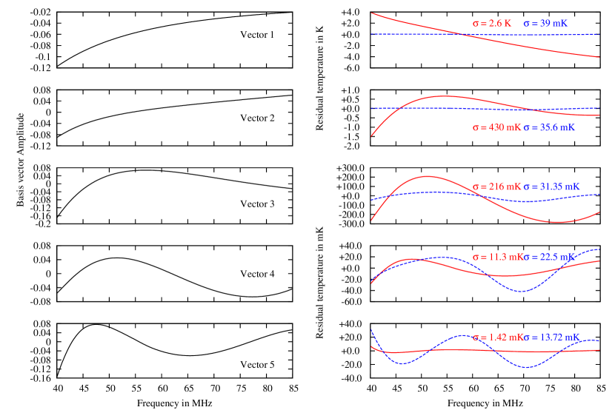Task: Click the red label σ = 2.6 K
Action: [x=492, y=24]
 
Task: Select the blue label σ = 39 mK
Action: [x=545, y=24]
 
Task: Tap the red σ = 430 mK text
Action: [x=497, y=127]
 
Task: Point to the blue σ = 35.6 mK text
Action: [x=549, y=127]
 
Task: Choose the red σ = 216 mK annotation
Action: [x=497, y=186]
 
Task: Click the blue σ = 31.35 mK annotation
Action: [x=551, y=186]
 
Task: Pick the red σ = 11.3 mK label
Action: [x=497, y=257]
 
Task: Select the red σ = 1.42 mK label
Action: [x=497, y=337]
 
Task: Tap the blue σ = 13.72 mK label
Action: [x=551, y=337]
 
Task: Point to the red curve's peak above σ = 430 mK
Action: [x=443, y=96]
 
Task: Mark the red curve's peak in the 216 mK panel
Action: [x=428, y=176]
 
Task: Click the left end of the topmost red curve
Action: [x=372, y=13]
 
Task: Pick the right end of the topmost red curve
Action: [x=599, y=57]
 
